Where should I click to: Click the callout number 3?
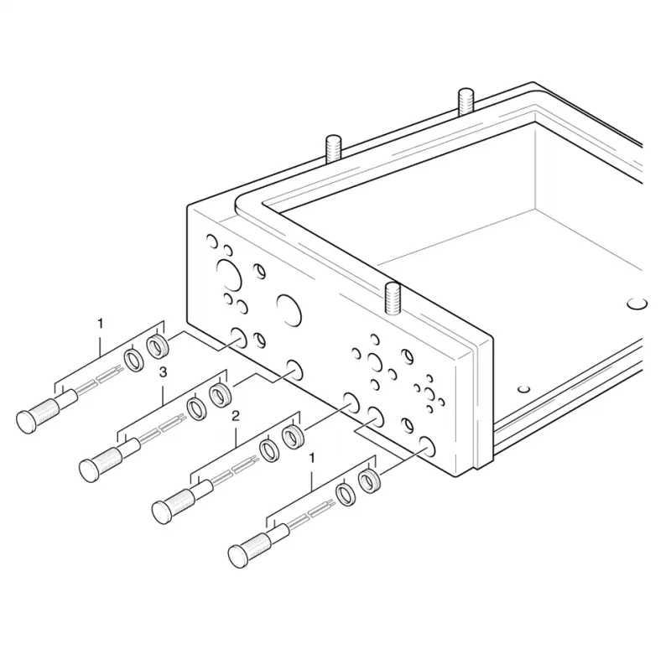point(163,372)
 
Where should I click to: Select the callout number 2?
point(236,416)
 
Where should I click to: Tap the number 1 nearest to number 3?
point(100,324)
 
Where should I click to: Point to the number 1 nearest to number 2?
point(312,458)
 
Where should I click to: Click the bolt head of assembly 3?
point(89,470)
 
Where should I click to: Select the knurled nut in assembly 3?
point(220,395)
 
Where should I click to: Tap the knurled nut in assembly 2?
point(293,437)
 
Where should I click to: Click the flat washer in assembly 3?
point(196,409)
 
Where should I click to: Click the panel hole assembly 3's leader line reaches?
point(294,371)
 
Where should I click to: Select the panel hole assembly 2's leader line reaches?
point(352,403)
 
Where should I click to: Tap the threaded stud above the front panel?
point(393,298)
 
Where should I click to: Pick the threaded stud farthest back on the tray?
point(466,101)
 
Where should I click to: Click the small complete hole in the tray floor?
point(523,389)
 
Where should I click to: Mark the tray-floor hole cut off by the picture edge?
point(637,304)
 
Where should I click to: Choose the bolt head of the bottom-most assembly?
point(238,556)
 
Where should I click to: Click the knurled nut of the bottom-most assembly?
point(369,480)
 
